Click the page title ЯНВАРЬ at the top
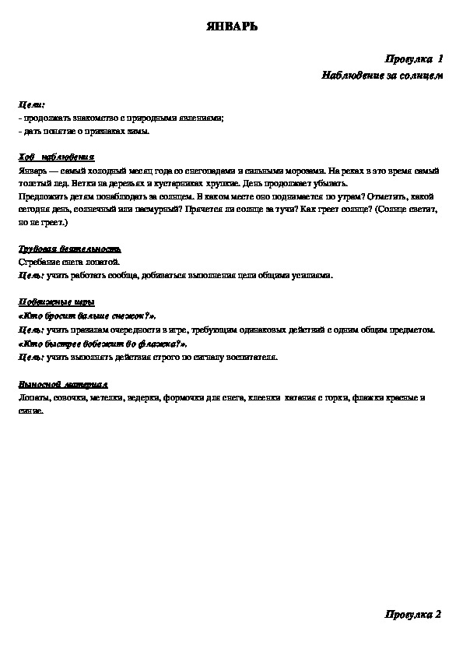coord(231,26)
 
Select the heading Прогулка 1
coord(414,59)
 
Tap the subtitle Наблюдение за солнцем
coord(381,76)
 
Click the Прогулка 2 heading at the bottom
coord(413,615)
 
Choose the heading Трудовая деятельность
coord(69,249)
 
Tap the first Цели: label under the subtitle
coord(32,104)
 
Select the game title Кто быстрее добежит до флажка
coord(102,343)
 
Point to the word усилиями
coord(313,274)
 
